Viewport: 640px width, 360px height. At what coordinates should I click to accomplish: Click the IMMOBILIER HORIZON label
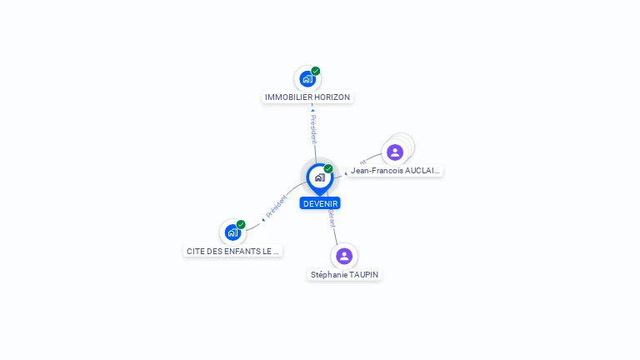point(307,97)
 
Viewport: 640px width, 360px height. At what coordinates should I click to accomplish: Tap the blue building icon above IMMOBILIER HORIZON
point(307,79)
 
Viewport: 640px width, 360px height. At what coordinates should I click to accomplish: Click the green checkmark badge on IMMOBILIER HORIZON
point(316,71)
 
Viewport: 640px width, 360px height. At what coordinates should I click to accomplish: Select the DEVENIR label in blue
point(320,203)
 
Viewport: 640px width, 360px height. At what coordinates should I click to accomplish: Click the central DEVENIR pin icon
point(319,177)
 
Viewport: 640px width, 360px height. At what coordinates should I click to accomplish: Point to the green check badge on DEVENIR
point(328,169)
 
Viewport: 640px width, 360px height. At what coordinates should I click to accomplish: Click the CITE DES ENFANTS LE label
point(233,251)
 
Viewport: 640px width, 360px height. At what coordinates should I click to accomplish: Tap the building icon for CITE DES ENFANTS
point(232,232)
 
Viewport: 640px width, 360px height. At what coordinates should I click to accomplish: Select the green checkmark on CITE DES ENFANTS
point(241,224)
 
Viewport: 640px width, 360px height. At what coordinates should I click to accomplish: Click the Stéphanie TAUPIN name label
point(344,274)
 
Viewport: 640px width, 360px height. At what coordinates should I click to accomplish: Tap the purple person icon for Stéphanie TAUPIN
point(344,256)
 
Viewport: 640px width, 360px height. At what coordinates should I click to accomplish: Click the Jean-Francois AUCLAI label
point(395,171)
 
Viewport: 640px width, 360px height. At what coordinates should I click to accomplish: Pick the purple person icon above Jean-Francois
point(395,152)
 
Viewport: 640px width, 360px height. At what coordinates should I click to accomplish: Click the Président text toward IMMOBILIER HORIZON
point(313,129)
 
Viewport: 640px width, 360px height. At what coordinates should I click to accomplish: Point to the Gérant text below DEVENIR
point(332,219)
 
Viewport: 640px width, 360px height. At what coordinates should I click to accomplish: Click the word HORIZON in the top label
point(332,97)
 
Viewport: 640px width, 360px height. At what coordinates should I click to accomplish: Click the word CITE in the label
point(195,251)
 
